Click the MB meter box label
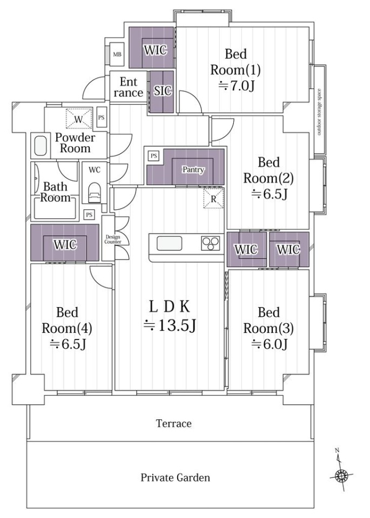[117, 54]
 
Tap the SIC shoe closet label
[163, 91]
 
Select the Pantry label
[193, 170]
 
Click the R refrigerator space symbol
[213, 199]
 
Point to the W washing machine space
[79, 119]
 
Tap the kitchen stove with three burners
[211, 244]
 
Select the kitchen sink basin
[169, 243]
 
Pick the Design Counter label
[113, 240]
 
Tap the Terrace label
[173, 424]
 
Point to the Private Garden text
[175, 478]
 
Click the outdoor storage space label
[319, 112]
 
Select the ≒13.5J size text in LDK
[170, 325]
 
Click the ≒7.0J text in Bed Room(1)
[237, 86]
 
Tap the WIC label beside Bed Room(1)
[155, 50]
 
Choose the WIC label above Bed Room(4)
[65, 245]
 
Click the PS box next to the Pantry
[153, 155]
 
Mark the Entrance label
[129, 87]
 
